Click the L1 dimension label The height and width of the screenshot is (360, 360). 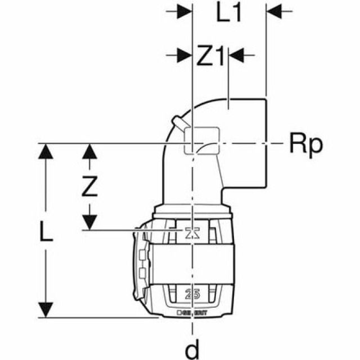(229, 13)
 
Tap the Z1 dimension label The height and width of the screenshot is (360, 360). (210, 56)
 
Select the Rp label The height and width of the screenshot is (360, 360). (307, 145)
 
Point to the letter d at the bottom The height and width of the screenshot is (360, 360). (192, 350)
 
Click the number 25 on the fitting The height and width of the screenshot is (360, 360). (193, 292)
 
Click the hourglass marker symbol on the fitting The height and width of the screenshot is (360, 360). (193, 233)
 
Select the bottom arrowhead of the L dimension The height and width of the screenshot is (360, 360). (46, 309)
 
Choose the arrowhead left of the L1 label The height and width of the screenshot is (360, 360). (184, 11)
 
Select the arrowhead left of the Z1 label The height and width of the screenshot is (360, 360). (184, 55)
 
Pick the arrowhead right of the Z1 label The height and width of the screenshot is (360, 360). (236, 55)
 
